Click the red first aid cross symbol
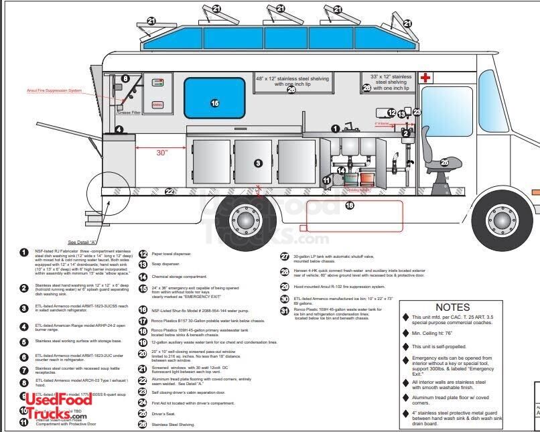424,78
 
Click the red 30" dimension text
161,153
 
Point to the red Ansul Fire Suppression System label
54,90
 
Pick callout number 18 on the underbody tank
348,206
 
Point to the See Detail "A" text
83,242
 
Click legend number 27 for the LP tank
285,256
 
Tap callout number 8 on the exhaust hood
125,79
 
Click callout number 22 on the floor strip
170,192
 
